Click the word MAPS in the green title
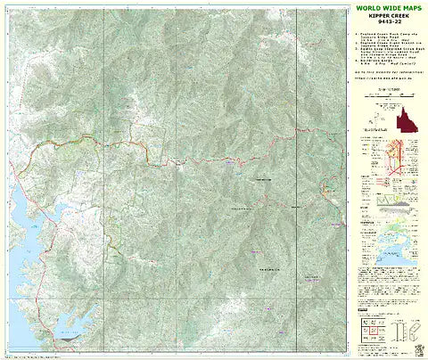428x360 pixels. click(411, 8)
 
